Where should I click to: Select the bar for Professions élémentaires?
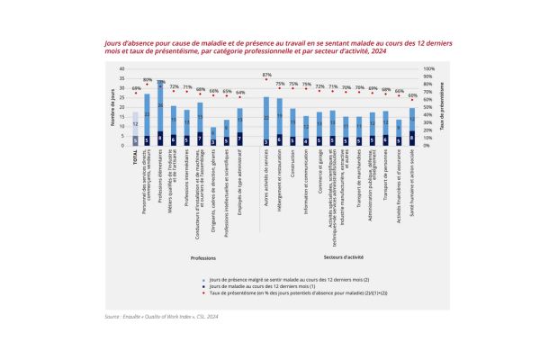[160, 117]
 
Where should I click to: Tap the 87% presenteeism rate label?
[266, 75]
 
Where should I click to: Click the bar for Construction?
[293, 127]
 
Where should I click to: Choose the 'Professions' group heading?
[202, 258]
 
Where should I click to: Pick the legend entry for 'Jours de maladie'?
[234, 285]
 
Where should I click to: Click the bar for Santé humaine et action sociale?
[412, 127]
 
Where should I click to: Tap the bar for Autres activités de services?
[266, 121]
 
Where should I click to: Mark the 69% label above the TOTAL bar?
[136, 88]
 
